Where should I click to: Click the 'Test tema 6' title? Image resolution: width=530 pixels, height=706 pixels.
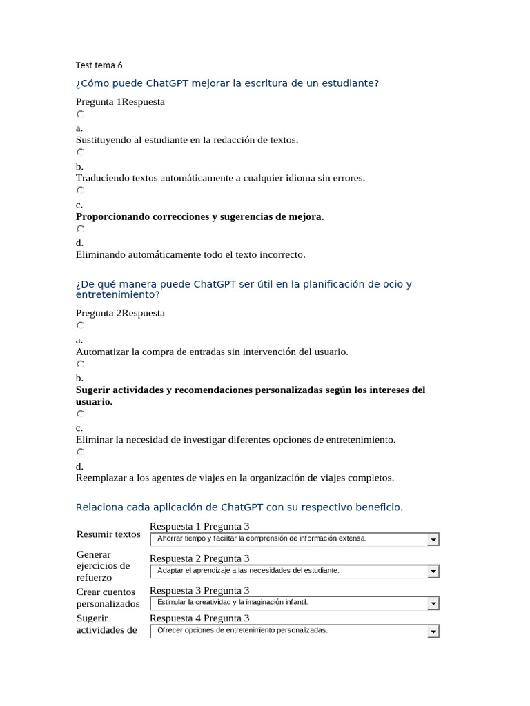99,65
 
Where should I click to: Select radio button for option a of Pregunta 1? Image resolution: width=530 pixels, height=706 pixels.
81,114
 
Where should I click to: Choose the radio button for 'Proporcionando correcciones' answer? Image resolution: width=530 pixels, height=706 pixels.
81,190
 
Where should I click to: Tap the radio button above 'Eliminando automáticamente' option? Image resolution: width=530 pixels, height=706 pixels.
81,229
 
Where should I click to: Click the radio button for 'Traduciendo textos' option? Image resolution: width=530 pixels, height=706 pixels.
81,152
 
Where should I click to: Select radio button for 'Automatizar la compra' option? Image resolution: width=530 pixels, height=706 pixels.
81,325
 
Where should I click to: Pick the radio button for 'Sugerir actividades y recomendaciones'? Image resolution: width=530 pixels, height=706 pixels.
81,364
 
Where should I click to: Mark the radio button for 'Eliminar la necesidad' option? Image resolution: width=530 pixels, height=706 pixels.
81,414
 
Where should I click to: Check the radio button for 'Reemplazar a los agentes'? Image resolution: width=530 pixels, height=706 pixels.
81,452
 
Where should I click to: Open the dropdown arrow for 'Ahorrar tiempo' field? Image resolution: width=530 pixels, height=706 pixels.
433,539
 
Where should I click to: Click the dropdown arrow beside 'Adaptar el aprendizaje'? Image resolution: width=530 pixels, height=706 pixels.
433,572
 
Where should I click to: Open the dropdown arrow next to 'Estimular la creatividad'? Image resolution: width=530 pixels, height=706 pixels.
433,603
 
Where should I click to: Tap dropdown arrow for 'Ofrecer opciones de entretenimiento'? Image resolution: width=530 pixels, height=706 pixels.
433,632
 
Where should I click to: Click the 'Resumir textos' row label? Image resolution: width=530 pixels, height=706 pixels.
108,534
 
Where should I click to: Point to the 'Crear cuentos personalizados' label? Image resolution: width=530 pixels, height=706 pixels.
108,598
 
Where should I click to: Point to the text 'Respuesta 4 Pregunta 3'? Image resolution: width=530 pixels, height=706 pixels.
199,618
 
